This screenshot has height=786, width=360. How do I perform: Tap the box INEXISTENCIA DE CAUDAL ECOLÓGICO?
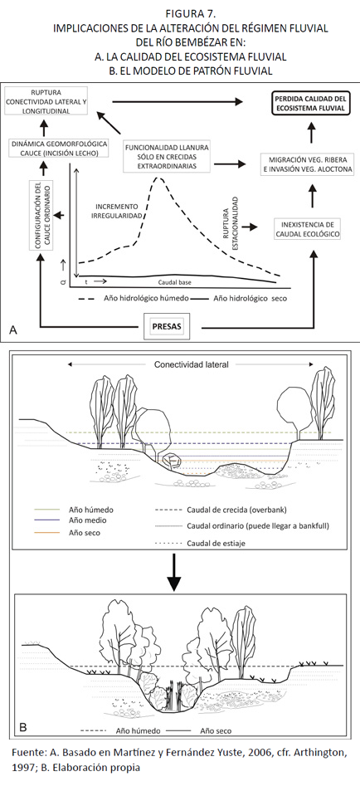point(308,229)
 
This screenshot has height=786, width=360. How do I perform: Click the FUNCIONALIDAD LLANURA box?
point(168,156)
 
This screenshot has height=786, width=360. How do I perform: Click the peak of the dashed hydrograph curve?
point(159,177)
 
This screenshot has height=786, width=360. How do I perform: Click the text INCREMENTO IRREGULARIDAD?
point(118,211)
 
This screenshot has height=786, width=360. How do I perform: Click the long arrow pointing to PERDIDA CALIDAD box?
point(178,101)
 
